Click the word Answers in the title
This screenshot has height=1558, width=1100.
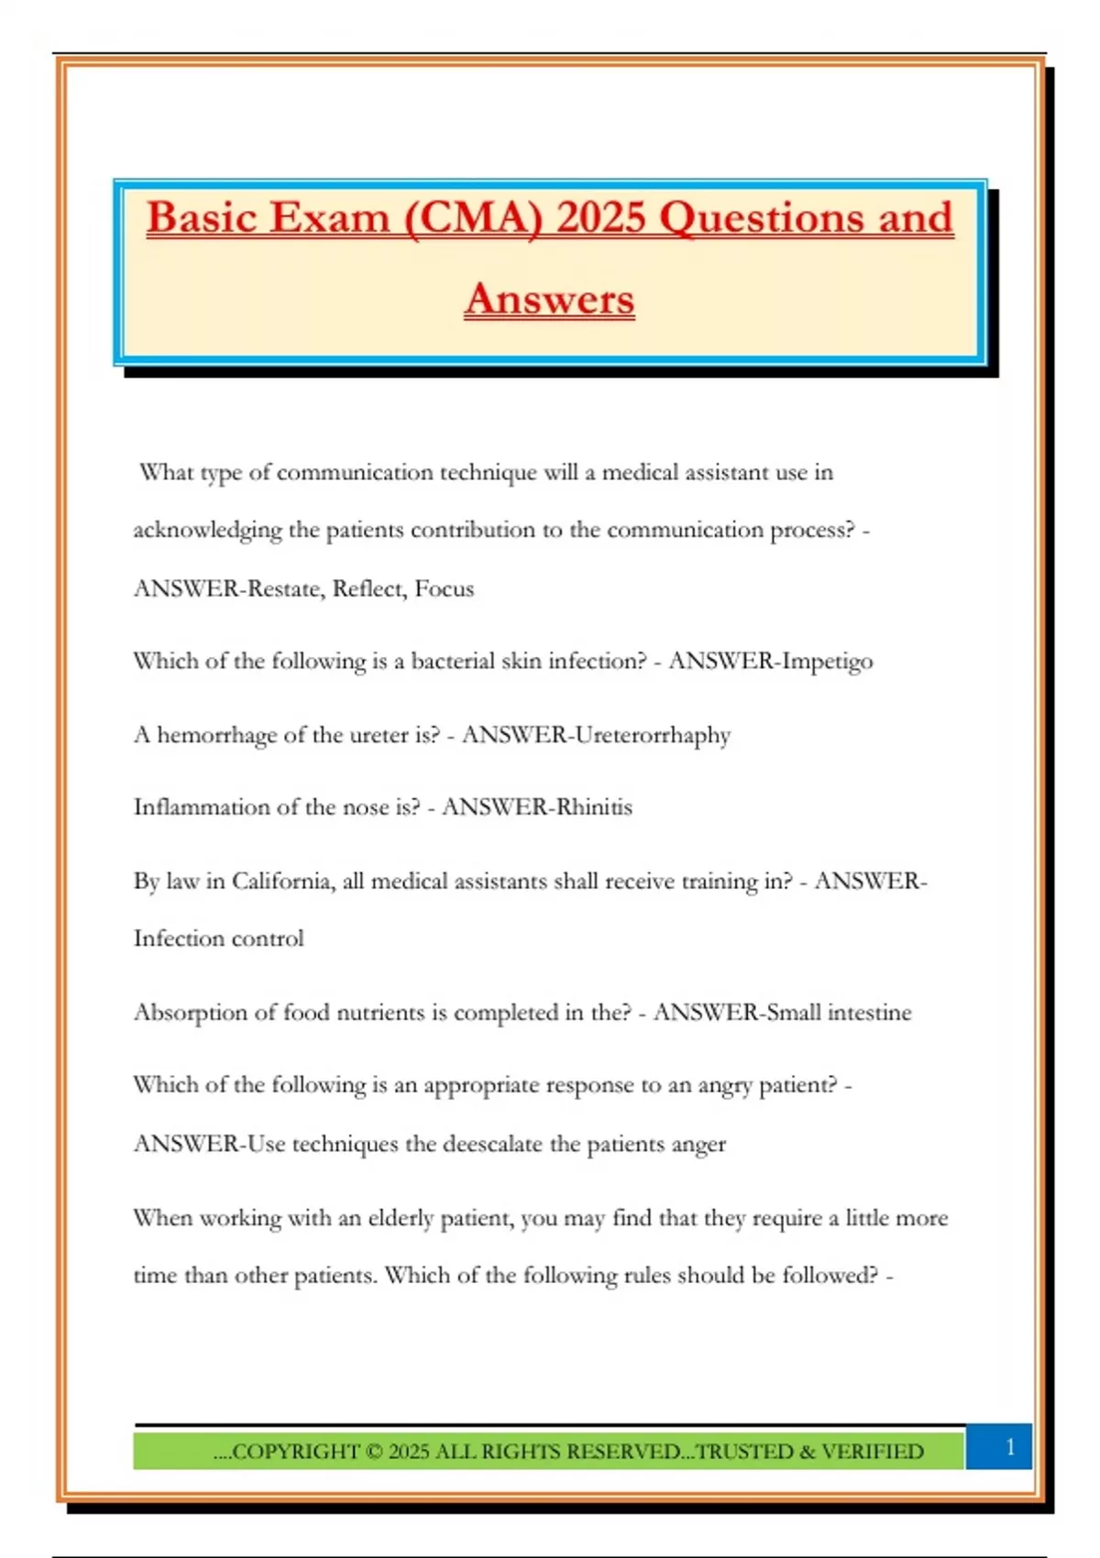pos(549,300)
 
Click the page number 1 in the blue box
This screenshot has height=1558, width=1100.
pos(1010,1447)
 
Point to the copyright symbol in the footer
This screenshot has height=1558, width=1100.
pos(373,1452)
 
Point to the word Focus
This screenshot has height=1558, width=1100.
pos(444,588)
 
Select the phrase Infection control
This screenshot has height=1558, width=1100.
pos(218,939)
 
